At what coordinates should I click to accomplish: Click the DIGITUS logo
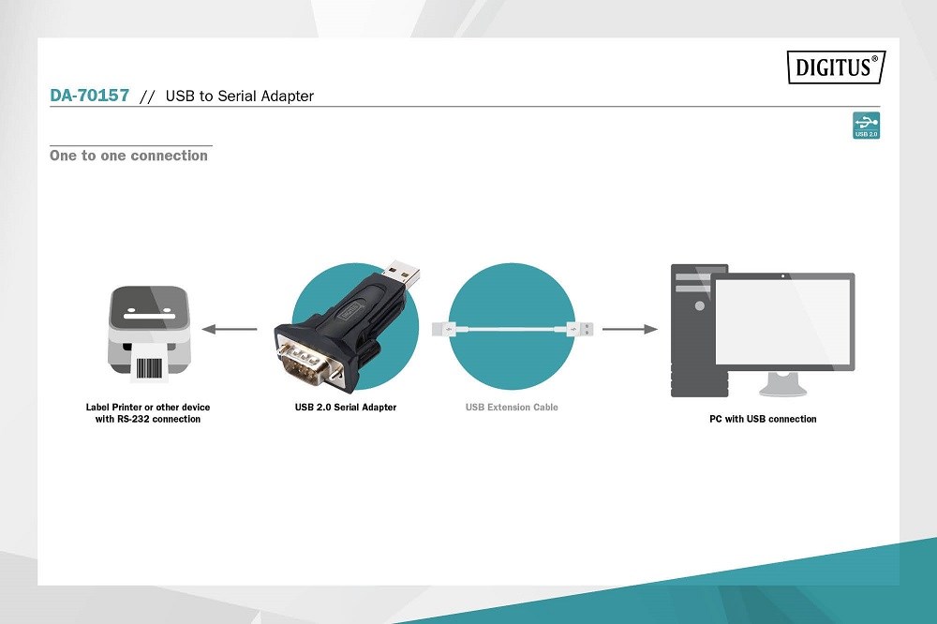pyautogui.click(x=836, y=67)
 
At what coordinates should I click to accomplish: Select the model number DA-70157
pyautogui.click(x=90, y=96)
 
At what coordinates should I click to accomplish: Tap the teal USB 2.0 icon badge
pyautogui.click(x=866, y=126)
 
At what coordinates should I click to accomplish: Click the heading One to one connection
pyautogui.click(x=128, y=156)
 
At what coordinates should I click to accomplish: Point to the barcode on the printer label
pyautogui.click(x=149, y=368)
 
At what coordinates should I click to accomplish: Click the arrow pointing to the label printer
pyautogui.click(x=230, y=329)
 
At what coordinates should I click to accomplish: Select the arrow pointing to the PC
pyautogui.click(x=630, y=329)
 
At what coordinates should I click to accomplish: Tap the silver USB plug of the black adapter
pyautogui.click(x=403, y=274)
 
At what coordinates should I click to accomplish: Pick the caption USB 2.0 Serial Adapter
pyautogui.click(x=346, y=407)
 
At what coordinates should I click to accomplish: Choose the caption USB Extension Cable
pyautogui.click(x=512, y=407)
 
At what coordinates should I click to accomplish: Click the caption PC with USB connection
pyautogui.click(x=763, y=419)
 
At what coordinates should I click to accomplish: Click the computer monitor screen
pyautogui.click(x=782, y=321)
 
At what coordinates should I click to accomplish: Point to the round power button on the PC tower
pyautogui.click(x=700, y=306)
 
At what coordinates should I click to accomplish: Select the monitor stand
pyautogui.click(x=782, y=384)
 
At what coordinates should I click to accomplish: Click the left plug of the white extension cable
pyautogui.click(x=444, y=329)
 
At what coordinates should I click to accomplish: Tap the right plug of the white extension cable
pyautogui.click(x=580, y=329)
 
